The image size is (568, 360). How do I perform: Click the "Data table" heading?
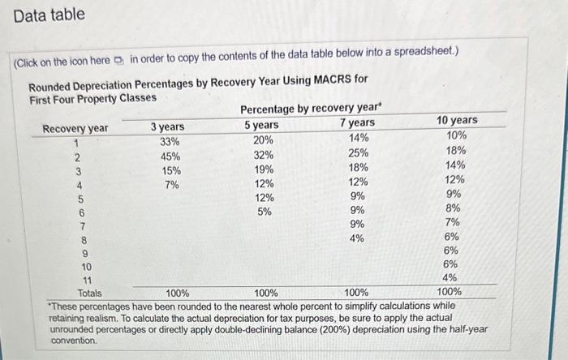point(49,15)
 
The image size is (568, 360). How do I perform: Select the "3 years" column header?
point(168,126)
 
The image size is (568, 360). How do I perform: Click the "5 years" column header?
point(261,125)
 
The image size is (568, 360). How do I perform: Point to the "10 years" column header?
point(457,120)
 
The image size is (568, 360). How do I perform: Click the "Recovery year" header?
point(75,129)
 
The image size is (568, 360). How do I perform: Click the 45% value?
point(170,156)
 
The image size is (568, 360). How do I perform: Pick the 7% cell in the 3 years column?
point(171,186)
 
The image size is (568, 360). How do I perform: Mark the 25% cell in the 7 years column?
point(358,152)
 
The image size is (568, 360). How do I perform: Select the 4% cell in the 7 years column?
point(356,238)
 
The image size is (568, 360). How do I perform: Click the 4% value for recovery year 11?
point(452,277)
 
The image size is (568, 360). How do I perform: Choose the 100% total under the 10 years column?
point(449,291)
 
